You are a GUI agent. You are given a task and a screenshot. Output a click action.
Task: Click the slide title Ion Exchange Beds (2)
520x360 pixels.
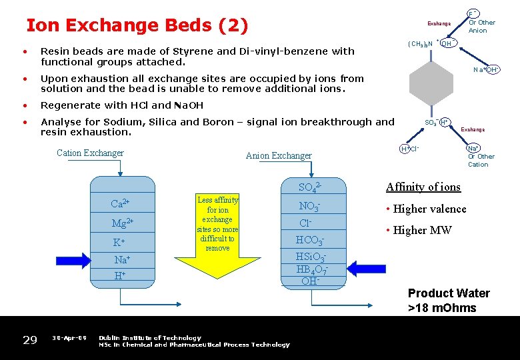[137, 26]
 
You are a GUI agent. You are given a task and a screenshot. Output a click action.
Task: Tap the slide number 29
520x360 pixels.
[30, 341]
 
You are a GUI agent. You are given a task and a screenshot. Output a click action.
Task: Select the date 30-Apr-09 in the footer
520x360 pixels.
[69, 338]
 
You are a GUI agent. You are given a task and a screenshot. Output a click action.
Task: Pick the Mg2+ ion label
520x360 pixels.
[122, 222]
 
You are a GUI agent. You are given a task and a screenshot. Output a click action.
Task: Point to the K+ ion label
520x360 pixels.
[119, 243]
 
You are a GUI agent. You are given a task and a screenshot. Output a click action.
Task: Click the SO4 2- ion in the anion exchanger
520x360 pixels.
[310, 187]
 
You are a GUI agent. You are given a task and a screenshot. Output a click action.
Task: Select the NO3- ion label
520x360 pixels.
[310, 206]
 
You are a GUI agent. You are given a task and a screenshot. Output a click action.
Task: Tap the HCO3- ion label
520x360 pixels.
[310, 240]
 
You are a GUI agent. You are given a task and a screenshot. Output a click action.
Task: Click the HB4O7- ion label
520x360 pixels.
[310, 269]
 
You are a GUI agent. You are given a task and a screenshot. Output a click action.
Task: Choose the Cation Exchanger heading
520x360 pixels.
[90, 153]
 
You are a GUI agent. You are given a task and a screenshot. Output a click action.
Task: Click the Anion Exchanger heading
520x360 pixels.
[279, 156]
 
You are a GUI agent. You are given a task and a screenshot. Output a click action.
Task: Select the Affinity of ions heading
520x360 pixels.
[423, 187]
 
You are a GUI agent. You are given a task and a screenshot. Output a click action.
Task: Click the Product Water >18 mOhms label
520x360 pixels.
[449, 300]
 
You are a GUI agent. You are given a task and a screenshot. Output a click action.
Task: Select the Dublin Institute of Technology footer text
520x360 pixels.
[150, 338]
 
